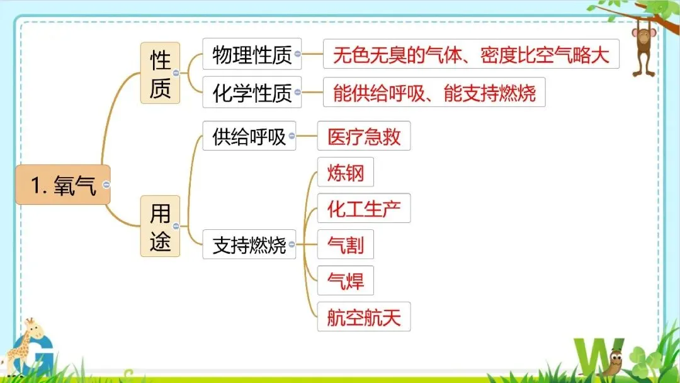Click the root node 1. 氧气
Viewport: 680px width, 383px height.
[x=63, y=185]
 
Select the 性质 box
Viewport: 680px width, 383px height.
[x=160, y=73]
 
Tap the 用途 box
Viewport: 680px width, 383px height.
[x=160, y=226]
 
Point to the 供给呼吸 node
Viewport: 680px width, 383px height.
[x=249, y=136]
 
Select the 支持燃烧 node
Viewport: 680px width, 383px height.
[x=249, y=244]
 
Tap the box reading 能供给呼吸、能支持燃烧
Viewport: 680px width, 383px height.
[x=434, y=93]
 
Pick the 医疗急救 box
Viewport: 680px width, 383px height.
[x=364, y=136]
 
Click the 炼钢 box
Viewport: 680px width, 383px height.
[x=346, y=172]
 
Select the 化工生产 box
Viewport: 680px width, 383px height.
[x=364, y=209]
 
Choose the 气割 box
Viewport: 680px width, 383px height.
[x=346, y=244]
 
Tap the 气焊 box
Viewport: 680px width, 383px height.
[x=346, y=280]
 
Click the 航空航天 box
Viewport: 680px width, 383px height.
[x=364, y=317]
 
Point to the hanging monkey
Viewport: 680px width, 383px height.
[x=643, y=47]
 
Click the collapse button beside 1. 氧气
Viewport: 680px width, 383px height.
[x=106, y=185]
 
